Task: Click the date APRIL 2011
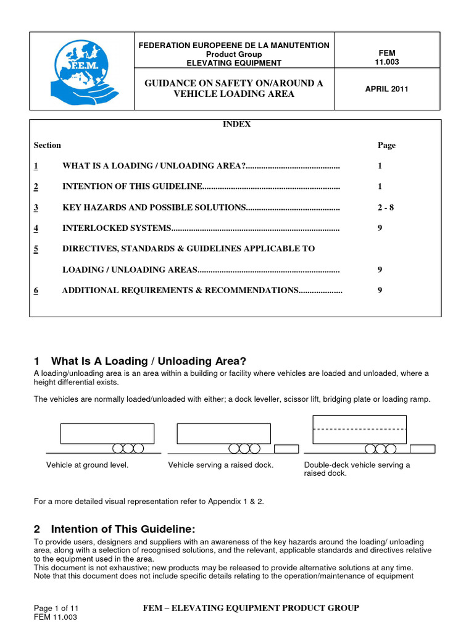[388, 89]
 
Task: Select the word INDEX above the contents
[236, 124]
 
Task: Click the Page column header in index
[386, 146]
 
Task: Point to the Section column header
[48, 146]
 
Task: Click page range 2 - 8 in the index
[386, 207]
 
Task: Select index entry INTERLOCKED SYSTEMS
[117, 228]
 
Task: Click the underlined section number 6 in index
[36, 290]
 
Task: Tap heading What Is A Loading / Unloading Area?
[148, 361]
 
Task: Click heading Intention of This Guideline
[123, 529]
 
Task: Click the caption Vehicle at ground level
[88, 465]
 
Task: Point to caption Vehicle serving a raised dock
[220, 465]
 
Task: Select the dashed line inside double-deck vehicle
[359, 428]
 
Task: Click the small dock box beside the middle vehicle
[286, 449]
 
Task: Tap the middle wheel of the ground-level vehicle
[128, 448]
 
